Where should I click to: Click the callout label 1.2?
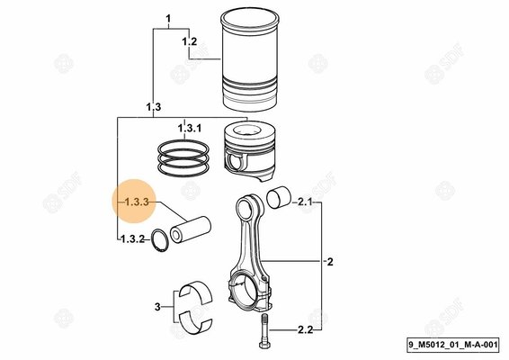coord(189,42)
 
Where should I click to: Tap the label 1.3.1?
coord(189,129)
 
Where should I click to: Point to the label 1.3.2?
coord(132,238)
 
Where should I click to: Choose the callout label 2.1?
coord(304,203)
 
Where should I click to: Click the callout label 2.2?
coord(304,331)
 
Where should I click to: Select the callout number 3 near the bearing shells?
coord(156,307)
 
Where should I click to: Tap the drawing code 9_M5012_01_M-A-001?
coord(454,344)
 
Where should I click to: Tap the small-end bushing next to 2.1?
coord(281,199)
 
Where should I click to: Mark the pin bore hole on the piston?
coord(237,162)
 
